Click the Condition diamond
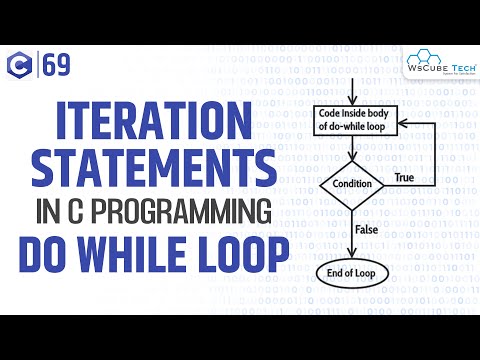[352, 183]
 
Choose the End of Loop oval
[352, 271]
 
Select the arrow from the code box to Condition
[352, 151]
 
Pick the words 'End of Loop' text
[352, 271]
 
